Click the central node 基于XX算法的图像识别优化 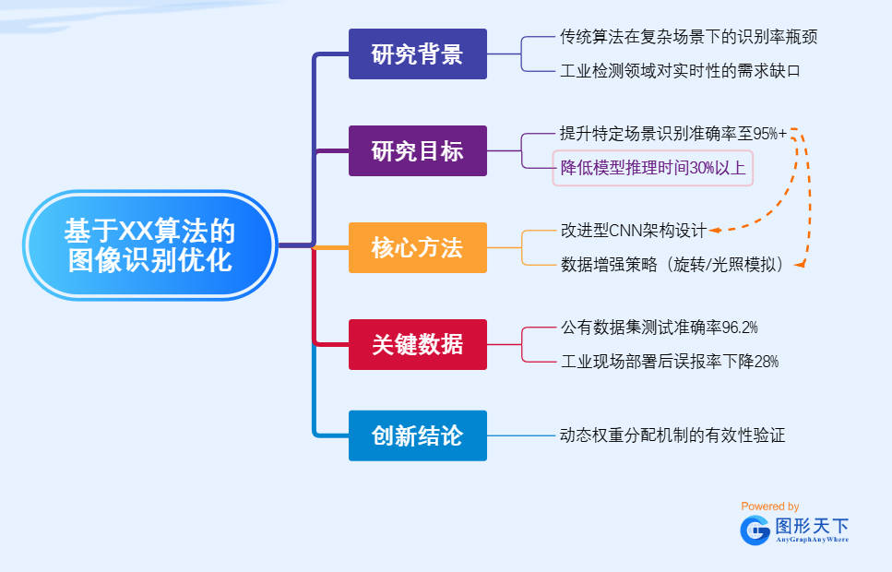(150, 244)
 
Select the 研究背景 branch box (417, 54)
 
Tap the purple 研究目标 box (417, 150)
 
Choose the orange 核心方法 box (417, 247)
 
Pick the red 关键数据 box (417, 344)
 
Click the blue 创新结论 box (417, 435)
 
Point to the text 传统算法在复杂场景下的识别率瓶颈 (688, 37)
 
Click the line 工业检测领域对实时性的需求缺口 (680, 71)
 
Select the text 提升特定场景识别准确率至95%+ (673, 134)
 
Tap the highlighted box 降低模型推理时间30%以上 (653, 168)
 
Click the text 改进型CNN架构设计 (634, 230)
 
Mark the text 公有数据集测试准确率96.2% (660, 328)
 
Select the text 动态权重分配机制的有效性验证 (672, 435)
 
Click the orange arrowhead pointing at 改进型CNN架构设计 (716, 230)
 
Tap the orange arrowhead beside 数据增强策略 (799, 265)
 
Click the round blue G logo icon (755, 530)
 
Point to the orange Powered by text (769, 506)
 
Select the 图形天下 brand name (812, 526)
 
